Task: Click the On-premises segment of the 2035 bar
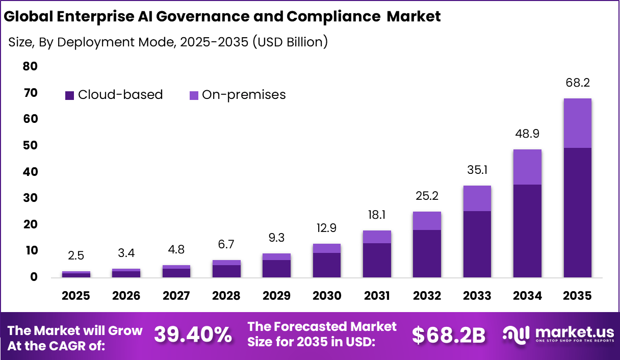coord(577,123)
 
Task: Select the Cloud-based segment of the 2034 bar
coord(527,230)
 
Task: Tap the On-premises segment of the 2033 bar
coord(477,198)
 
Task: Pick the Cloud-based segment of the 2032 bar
coord(427,253)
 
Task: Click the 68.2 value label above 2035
coord(577,83)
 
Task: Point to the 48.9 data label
coord(527,134)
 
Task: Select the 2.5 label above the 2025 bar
coord(76,255)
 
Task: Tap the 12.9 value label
coord(327,228)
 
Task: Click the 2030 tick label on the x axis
coord(327,296)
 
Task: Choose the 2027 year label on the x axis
coord(176,296)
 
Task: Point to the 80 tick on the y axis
coord(30,66)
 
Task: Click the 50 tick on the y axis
coord(30,145)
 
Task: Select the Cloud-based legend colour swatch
coord(69,95)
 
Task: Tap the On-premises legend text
coord(244,95)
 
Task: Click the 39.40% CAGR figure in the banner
coord(193,335)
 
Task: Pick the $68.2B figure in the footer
coord(448,335)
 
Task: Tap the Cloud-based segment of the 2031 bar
coord(377,260)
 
